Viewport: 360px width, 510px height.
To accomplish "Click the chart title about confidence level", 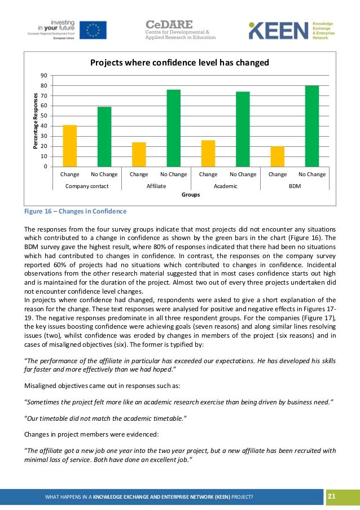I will coord(179,62).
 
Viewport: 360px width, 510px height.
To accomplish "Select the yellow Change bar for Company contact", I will coord(70,145).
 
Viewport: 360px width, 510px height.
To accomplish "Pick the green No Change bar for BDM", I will coord(312,126).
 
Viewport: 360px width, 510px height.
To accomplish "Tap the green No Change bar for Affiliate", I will coord(173,128).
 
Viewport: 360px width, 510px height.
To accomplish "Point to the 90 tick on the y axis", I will coord(43,76).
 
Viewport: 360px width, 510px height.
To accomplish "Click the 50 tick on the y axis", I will coord(43,116).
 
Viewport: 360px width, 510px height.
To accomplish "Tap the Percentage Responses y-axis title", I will coord(35,121).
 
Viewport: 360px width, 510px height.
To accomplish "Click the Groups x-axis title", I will coord(190,195).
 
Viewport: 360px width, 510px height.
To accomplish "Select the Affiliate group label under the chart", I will coord(156,185).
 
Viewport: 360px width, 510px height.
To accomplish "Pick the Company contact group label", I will coord(87,185).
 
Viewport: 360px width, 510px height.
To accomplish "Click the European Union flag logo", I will coord(93,29).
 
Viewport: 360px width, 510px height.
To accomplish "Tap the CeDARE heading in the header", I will coord(169,24).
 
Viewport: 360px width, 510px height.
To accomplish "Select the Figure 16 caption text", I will coord(75,212).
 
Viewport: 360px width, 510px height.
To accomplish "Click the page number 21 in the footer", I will coord(331,496).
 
